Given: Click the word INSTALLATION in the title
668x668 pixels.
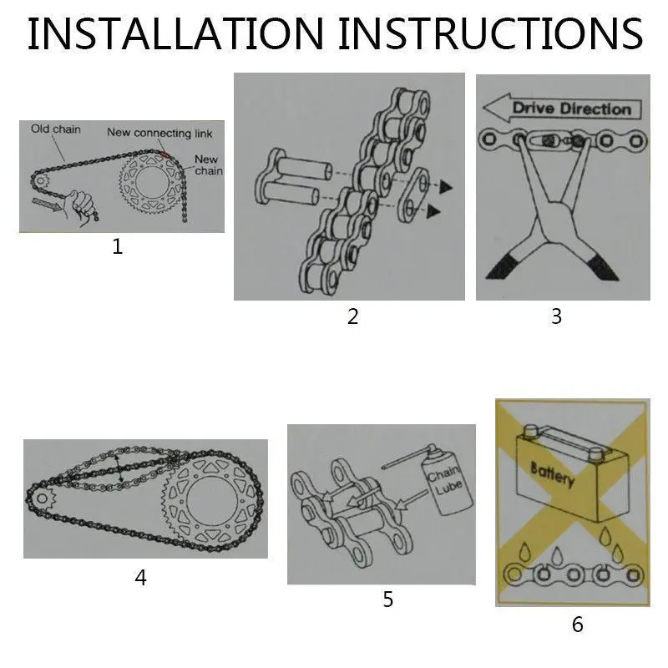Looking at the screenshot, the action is pos(176,33).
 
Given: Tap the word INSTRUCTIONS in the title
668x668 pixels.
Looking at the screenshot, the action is pos(491,33).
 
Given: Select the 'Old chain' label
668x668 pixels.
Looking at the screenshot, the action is pos(55,129).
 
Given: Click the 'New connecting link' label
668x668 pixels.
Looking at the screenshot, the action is pos(159,133).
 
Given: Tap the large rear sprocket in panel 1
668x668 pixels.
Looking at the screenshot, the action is pos(151,183).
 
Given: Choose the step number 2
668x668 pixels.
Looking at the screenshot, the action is pos(352,316).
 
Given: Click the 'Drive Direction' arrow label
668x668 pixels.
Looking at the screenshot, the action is pos(562,109).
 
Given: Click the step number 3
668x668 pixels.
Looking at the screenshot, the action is pos(556,316).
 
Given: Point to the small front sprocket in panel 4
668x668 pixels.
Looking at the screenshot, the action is pos(43,498).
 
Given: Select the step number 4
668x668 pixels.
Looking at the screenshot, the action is pos(140,578).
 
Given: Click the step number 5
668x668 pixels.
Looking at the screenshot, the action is pos(387,600).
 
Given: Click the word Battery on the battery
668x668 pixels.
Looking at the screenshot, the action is pos(553,473).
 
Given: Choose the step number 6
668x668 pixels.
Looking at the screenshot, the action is pos(577,624).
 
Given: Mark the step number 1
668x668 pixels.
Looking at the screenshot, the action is pos(117,246).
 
